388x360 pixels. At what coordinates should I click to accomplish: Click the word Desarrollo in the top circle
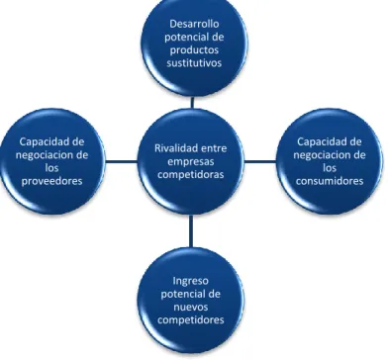coord(194,24)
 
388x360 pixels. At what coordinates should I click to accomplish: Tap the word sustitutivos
coord(194,62)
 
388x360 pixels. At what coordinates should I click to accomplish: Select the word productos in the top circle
coord(194,50)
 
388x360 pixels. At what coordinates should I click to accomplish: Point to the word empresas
coord(190,162)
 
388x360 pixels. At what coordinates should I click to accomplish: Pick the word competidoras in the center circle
coord(190,174)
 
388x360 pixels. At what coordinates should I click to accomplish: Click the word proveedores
coord(51,181)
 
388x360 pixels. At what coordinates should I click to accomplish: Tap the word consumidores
coord(330,181)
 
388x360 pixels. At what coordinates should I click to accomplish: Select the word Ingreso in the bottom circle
coord(191,281)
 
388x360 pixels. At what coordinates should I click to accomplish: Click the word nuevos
coord(191,308)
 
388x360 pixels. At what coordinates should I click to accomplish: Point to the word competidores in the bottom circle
coord(191,319)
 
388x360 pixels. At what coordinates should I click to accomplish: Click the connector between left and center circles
coord(121,161)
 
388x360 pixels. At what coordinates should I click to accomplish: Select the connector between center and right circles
coord(260,161)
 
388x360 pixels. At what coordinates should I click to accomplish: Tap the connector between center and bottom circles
coord(191,231)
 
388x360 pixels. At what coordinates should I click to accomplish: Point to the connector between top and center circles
coord(192,102)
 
